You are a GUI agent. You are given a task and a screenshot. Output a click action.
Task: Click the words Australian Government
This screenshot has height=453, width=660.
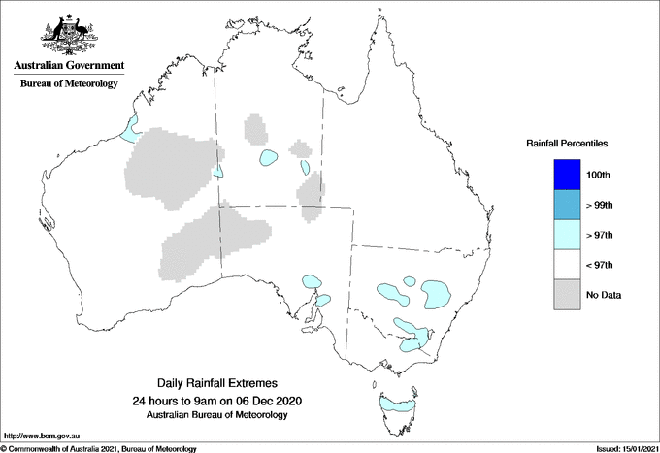[68, 66]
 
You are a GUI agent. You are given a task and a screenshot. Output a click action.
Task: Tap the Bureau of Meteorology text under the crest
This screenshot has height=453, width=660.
[68, 83]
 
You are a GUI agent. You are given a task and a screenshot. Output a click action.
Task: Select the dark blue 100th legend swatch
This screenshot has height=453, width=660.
[566, 175]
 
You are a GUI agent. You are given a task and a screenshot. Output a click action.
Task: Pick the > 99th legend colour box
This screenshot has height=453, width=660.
[566, 205]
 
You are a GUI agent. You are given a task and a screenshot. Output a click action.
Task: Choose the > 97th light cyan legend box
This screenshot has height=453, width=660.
[566, 235]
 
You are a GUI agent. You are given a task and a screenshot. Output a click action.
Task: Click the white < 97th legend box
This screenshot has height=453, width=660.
[566, 265]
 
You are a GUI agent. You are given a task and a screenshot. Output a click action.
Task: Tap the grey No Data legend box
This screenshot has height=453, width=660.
[566, 295]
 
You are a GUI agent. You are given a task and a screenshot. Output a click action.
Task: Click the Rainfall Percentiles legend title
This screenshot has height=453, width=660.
[567, 143]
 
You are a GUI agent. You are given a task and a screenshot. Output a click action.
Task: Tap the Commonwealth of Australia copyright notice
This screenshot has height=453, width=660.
[99, 448]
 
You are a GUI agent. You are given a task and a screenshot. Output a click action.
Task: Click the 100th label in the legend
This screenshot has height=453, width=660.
[600, 175]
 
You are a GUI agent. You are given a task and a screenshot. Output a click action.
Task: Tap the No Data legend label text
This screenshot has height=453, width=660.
[603, 295]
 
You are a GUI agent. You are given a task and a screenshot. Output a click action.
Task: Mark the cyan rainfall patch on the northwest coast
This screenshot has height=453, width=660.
[129, 127]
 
